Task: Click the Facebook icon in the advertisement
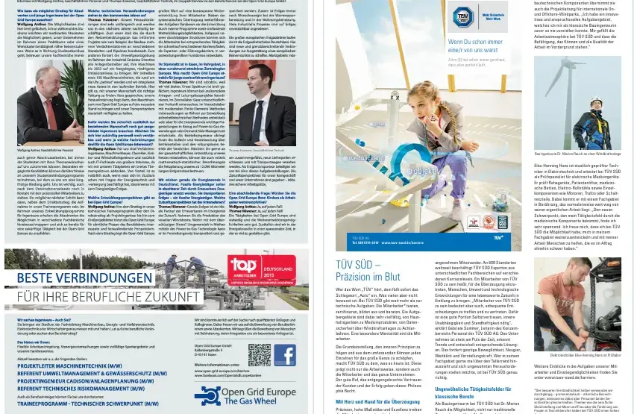(284, 354)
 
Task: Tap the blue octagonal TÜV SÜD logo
(459, 16)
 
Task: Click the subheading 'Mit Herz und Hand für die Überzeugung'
(377, 401)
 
